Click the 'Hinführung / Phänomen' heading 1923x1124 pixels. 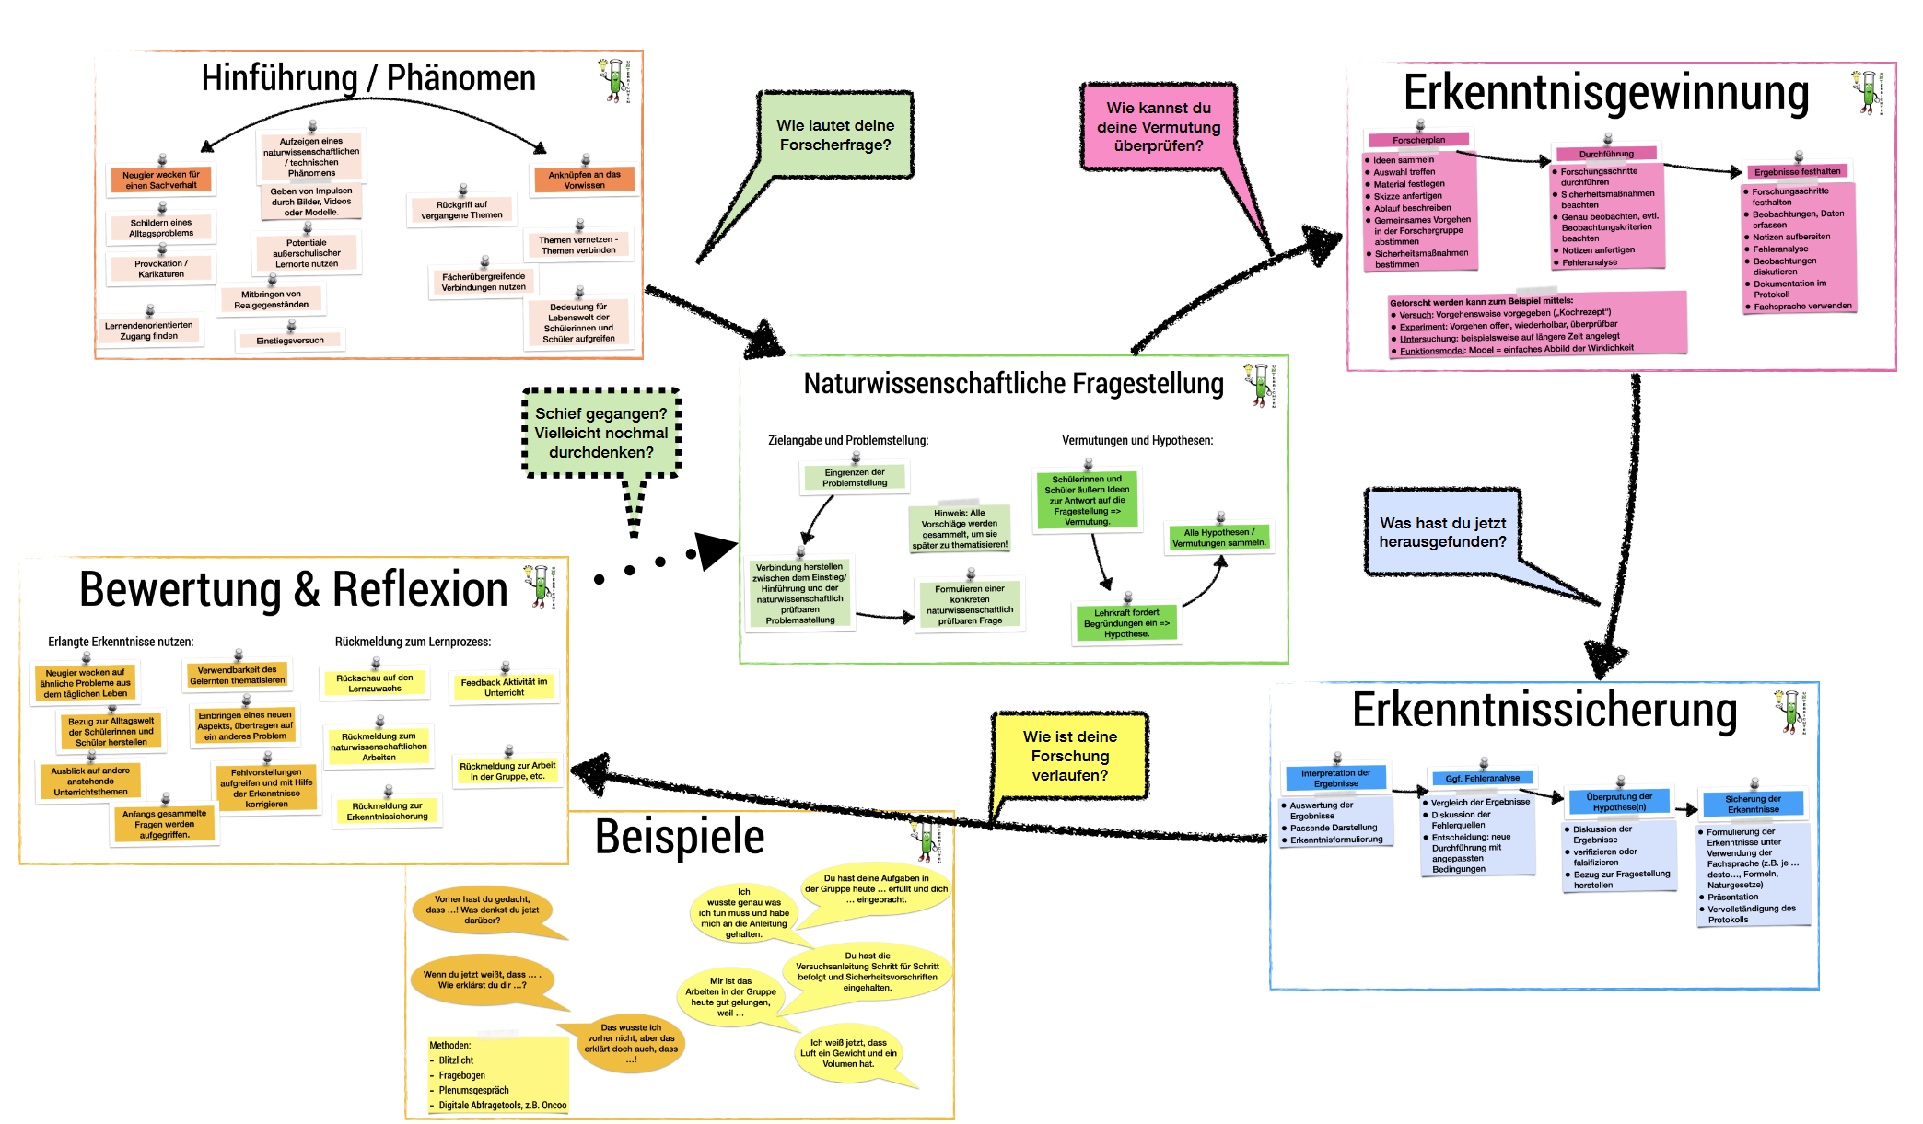tap(368, 79)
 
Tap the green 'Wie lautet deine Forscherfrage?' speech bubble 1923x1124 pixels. tap(835, 135)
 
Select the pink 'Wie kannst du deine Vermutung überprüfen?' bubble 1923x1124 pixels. tap(1158, 127)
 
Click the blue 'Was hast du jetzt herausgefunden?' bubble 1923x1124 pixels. tap(1442, 532)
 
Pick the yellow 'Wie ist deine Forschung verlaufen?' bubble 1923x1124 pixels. tap(1069, 756)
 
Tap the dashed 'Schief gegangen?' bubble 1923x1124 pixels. tap(600, 433)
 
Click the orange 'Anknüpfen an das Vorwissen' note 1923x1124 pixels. tap(584, 180)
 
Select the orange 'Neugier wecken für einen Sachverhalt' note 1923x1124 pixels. tap(161, 180)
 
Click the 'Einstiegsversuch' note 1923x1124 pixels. tap(290, 341)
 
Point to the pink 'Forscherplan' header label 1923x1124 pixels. tap(1418, 141)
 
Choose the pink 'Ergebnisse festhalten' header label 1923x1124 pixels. tap(1797, 172)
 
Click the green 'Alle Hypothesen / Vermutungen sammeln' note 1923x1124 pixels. tap(1218, 538)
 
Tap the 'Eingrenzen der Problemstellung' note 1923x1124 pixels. tap(855, 478)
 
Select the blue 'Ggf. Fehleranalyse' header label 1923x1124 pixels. tap(1482, 779)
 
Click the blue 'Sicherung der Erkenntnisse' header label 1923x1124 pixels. tap(1753, 804)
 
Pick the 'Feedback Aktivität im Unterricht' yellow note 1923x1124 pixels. tap(504, 688)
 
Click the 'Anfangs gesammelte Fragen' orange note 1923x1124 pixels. tap(164, 825)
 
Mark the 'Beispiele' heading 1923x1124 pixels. tap(680, 837)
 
